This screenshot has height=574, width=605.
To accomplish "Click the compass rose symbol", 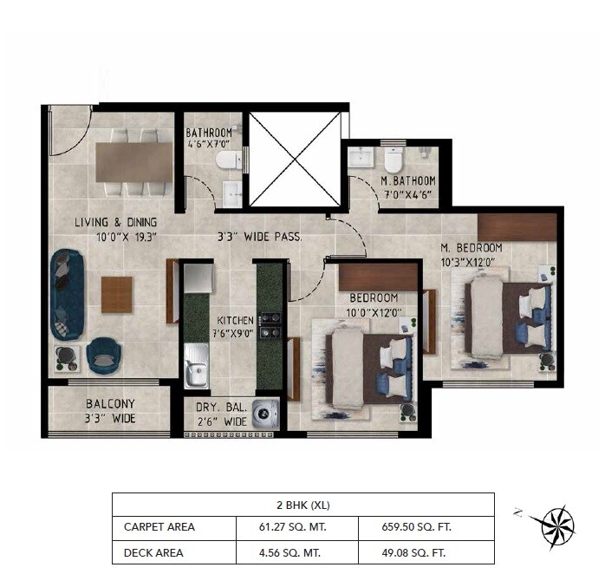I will (x=552, y=524).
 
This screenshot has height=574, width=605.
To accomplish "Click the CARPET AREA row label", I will (x=159, y=526).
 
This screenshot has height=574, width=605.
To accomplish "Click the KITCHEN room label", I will (x=235, y=320).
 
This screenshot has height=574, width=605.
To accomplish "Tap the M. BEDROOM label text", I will (x=471, y=248).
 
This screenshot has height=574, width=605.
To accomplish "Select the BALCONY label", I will (x=110, y=404).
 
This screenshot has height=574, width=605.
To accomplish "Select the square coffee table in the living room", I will (x=117, y=295).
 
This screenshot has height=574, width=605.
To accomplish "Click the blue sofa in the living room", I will (x=66, y=295).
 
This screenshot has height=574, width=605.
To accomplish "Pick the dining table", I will (x=134, y=162).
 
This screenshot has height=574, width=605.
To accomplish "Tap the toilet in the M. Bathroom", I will (x=394, y=160).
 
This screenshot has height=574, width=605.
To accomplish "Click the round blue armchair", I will (x=103, y=353).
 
